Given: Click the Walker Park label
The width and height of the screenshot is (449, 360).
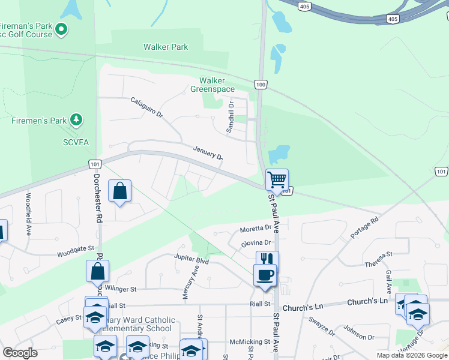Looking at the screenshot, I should point(166,47).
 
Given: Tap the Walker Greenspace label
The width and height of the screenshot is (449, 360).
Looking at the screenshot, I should point(212,85).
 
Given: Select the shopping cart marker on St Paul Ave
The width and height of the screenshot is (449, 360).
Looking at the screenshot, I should point(277,179).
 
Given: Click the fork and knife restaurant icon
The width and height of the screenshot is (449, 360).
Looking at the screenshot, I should point(267,260).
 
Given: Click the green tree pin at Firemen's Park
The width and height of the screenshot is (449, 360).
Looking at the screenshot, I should point(76,120).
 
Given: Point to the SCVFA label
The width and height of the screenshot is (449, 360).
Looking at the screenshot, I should point(76,142).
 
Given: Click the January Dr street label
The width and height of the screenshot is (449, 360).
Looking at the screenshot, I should point(208,152).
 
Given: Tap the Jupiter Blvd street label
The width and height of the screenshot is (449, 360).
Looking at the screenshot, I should point(191,260).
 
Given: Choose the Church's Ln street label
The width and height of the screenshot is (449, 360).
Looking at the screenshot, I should point(303,307).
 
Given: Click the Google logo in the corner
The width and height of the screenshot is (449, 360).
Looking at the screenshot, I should point(20,353).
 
